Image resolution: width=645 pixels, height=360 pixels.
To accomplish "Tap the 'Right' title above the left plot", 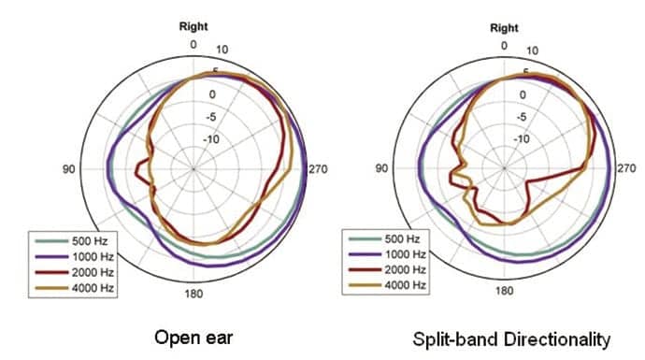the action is pos(193,27).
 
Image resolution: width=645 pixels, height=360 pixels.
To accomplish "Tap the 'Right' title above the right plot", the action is pos(504,27).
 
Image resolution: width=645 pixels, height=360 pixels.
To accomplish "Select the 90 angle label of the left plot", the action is pos(68,168).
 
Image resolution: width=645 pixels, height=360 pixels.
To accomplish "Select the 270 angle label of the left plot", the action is pos(318,168).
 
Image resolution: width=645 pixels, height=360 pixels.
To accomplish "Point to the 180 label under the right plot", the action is pos(504,291).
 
